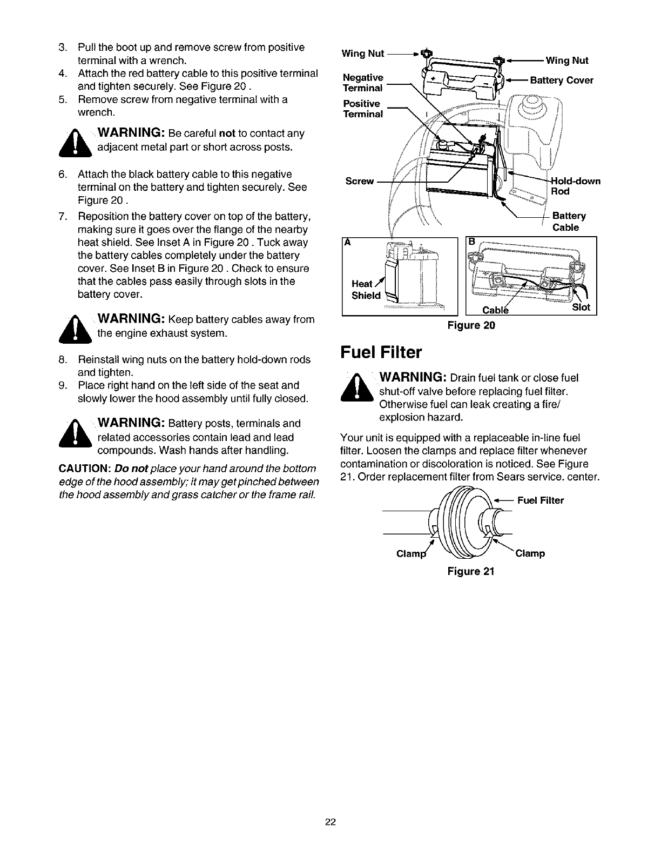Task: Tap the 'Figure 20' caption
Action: [x=470, y=325]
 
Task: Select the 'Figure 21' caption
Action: [x=470, y=571]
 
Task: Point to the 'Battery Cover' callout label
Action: [x=562, y=81]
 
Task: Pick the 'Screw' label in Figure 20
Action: [x=359, y=181]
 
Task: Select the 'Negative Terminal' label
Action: [x=363, y=83]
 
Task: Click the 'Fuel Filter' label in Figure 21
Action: [x=540, y=500]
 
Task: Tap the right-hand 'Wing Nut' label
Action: [x=567, y=61]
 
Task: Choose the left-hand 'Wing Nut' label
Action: [x=363, y=53]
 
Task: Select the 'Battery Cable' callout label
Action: [x=568, y=222]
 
